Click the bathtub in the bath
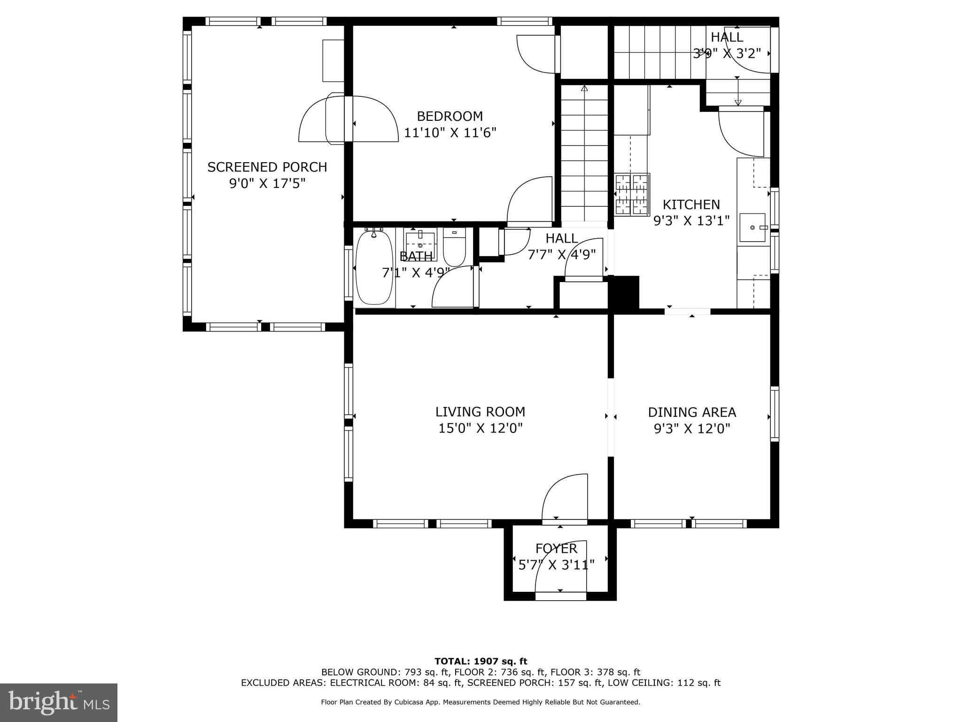click(374, 268)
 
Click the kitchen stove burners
click(632, 194)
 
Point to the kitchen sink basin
click(753, 228)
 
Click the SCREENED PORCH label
click(267, 167)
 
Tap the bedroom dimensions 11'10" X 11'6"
click(450, 133)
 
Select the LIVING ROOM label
click(480, 412)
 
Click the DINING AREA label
click(692, 412)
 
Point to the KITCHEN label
click(691, 204)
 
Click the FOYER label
click(556, 549)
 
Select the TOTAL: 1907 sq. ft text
click(481, 661)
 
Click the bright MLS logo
click(59, 702)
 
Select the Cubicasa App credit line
click(481, 702)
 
